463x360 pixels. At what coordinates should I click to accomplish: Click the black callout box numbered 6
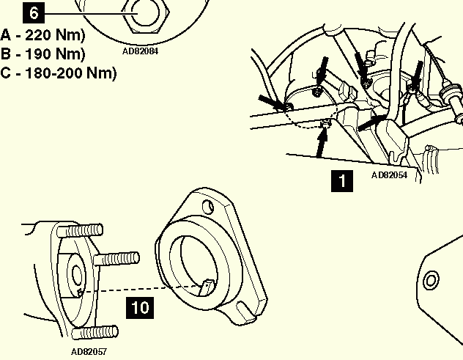tap(34, 13)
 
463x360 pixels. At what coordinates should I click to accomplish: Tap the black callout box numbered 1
tap(342, 180)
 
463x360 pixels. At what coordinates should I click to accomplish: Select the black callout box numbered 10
tap(140, 308)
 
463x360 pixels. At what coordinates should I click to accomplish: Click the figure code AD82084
tap(140, 51)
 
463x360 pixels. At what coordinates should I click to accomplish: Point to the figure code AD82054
tap(389, 175)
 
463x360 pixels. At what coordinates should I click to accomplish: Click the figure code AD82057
tap(89, 352)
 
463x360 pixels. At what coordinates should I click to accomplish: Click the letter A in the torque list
tap(6, 35)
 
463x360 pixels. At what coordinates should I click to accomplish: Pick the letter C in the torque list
tap(6, 73)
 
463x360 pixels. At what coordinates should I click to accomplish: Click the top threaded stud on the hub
tap(80, 230)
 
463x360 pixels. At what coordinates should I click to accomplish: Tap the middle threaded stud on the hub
tap(116, 259)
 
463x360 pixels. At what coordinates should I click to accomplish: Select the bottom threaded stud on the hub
tap(95, 333)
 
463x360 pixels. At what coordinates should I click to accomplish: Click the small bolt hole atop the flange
tap(208, 207)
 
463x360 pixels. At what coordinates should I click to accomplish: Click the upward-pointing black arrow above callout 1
tap(322, 142)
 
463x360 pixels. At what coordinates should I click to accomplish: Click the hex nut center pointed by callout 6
tap(145, 12)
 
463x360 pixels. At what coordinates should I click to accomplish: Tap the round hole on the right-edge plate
tap(431, 279)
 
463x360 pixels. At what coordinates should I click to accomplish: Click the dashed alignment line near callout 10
tap(141, 289)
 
